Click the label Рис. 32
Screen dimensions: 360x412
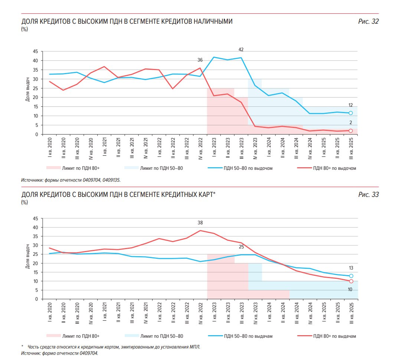pos(368,22)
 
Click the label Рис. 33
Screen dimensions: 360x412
pos(368,195)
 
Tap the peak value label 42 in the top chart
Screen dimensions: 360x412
pos(241,50)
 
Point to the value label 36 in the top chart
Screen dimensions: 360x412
pos(200,60)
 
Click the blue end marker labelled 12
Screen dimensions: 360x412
pos(350,113)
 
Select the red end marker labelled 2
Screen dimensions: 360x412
pos(350,131)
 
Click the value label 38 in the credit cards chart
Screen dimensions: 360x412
pos(200,223)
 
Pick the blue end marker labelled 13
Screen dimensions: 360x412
pos(351,276)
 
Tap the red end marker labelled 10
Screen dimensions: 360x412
pos(351,281)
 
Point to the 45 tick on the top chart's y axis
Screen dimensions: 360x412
pos(36,52)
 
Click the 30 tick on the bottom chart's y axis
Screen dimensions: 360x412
pos(36,245)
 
